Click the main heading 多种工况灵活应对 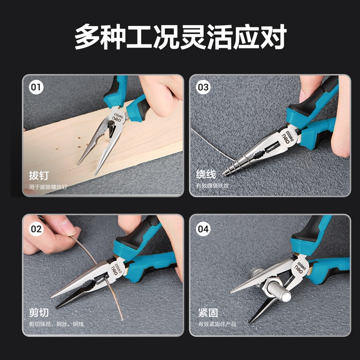180,37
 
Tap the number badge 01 36,87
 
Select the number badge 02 36,229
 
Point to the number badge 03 203,87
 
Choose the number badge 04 203,229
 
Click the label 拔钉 39,175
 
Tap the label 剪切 39,312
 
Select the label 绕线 206,174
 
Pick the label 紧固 208,312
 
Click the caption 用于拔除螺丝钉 48,187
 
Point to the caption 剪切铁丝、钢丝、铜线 56,324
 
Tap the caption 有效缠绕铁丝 212,185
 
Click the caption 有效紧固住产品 217,324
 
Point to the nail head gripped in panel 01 111,124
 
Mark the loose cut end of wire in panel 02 121,319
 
